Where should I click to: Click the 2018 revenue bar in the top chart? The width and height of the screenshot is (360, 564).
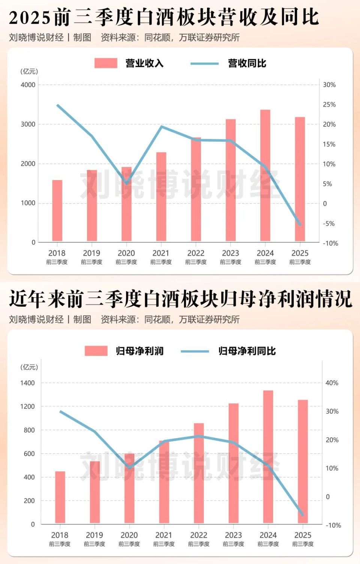[57, 210]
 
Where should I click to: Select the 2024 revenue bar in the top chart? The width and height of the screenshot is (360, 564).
[265, 175]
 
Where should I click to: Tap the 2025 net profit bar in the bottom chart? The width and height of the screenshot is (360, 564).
[303, 461]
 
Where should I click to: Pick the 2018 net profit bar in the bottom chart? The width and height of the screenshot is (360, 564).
[60, 497]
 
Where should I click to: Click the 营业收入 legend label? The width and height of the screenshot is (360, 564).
[144, 63]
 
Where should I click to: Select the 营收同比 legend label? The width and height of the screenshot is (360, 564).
[247, 63]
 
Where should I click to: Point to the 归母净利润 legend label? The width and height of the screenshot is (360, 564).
[139, 351]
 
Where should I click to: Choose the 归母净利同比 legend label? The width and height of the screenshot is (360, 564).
[247, 351]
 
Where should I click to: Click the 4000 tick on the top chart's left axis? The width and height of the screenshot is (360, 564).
[28, 85]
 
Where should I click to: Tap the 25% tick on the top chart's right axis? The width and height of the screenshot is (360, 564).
[329, 105]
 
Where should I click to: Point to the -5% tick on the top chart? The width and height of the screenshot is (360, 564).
[329, 223]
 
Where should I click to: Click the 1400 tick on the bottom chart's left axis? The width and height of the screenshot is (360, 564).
[27, 383]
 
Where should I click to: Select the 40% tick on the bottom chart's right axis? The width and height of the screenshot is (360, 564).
[332, 383]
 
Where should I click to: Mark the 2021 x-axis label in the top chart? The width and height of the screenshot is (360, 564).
[161, 253]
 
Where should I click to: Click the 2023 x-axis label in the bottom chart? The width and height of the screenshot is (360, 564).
[233, 535]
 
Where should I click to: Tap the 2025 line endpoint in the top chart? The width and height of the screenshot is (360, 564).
[300, 225]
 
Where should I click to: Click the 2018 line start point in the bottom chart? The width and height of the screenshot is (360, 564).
[60, 411]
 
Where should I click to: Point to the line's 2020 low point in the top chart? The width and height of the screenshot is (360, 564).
[127, 183]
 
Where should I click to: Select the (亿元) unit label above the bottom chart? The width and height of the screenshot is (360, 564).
[29, 367]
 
